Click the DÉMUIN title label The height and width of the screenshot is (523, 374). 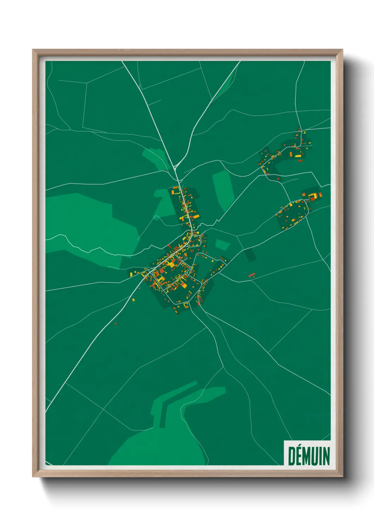coord(309,456)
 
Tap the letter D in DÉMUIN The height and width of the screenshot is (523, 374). coord(292,456)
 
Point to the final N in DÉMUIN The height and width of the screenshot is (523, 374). coord(326,456)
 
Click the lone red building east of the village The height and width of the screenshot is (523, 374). coord(252,275)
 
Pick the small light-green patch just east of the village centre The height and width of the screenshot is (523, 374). coord(222,244)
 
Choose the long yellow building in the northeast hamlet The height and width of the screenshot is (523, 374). coord(298,156)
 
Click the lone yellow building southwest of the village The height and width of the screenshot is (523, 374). coord(134,300)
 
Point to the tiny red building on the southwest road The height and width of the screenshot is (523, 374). coord(116,323)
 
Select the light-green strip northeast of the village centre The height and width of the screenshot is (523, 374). coord(223,189)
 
